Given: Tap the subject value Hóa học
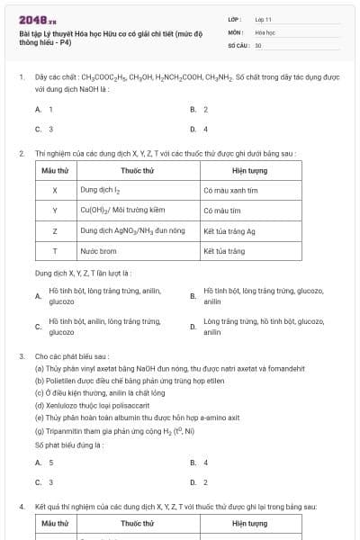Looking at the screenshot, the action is click(x=265, y=31).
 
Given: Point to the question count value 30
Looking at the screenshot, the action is click(x=258, y=44).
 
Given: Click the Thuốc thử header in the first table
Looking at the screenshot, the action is click(x=137, y=170).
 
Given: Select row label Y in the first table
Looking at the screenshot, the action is click(x=55, y=211).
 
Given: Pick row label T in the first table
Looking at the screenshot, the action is click(x=55, y=251).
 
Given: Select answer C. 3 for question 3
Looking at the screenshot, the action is click(x=44, y=482).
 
